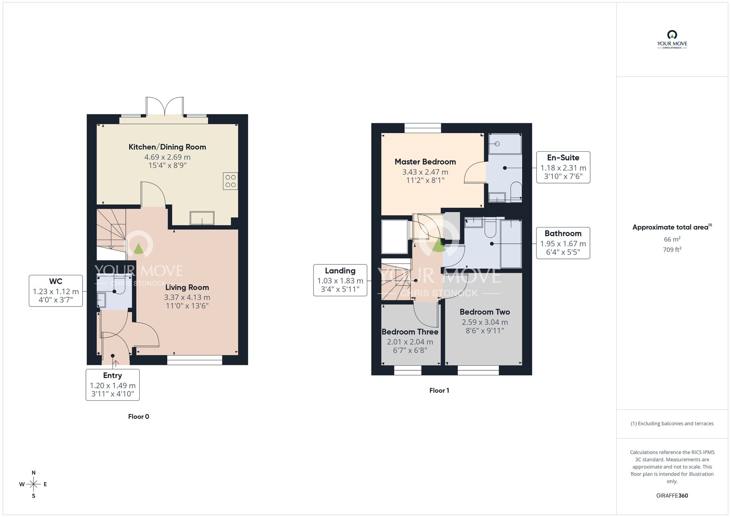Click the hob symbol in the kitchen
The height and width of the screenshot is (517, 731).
[230, 181]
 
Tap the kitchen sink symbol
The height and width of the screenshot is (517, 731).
[202, 218]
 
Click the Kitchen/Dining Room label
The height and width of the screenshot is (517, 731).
[167, 147]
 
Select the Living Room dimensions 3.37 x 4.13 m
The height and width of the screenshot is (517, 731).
[187, 297]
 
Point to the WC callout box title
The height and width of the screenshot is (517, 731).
[56, 281]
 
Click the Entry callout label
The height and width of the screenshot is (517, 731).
[112, 376]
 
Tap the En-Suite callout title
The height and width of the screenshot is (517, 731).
[563, 158]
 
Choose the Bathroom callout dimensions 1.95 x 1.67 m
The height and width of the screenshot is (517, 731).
[563, 244]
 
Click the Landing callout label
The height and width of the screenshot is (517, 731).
[340, 271]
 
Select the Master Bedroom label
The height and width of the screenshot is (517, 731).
[425, 162]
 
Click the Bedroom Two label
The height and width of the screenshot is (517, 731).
[485, 312]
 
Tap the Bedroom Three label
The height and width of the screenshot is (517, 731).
[410, 332]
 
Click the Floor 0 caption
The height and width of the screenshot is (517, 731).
[139, 416]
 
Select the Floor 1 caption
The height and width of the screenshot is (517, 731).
[439, 390]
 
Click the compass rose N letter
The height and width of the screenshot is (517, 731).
[34, 473]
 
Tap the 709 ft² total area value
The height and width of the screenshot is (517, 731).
[672, 250]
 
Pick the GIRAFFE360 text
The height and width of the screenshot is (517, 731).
[672, 496]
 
